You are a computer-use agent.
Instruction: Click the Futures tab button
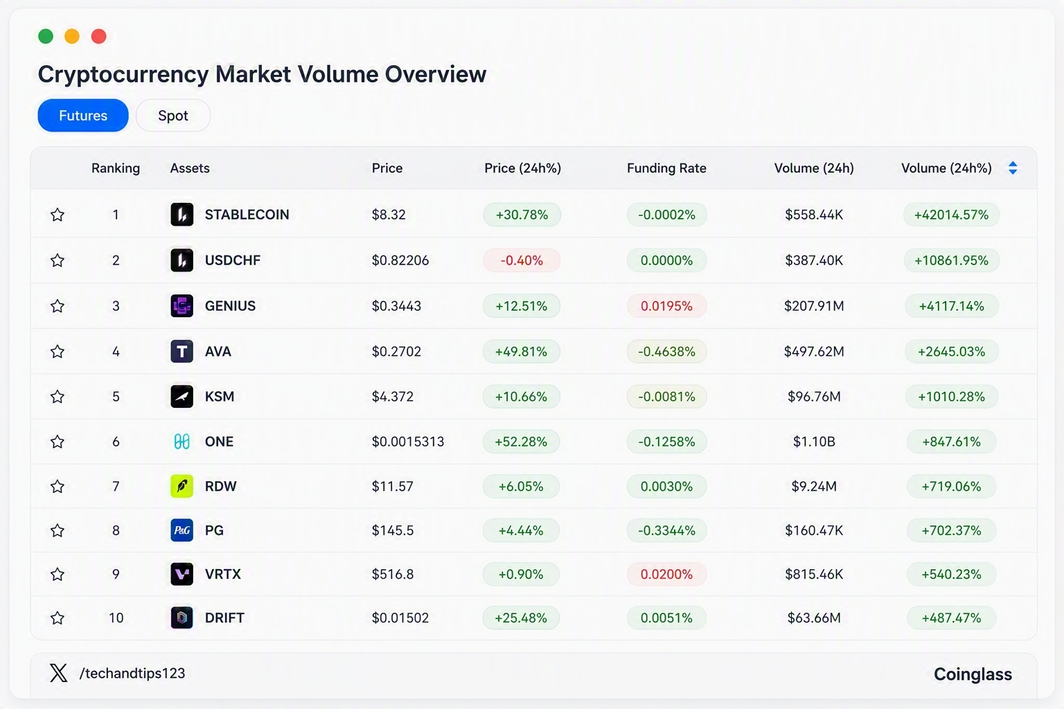(x=83, y=116)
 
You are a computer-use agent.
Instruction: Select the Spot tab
(x=173, y=116)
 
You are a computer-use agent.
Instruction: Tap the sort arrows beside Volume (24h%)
(x=1013, y=168)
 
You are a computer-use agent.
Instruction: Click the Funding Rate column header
(x=666, y=168)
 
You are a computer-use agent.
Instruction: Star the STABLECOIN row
(x=57, y=215)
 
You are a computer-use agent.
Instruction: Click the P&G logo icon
(x=182, y=530)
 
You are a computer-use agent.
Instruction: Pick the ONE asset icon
(x=182, y=442)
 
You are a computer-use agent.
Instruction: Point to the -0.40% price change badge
(x=522, y=260)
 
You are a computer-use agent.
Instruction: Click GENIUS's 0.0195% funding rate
(x=666, y=306)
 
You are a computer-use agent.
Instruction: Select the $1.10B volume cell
(x=814, y=442)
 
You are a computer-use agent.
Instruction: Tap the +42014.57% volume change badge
(x=951, y=215)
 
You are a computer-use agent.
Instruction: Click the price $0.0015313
(x=408, y=442)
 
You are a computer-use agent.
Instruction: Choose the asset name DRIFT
(x=224, y=618)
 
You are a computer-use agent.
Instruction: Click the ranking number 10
(x=116, y=618)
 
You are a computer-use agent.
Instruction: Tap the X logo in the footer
(x=58, y=673)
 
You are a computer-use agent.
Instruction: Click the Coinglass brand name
(x=973, y=674)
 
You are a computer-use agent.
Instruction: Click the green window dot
(x=46, y=36)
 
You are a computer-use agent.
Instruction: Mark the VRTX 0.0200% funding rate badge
(x=666, y=574)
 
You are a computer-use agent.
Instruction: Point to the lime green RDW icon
(x=182, y=486)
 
